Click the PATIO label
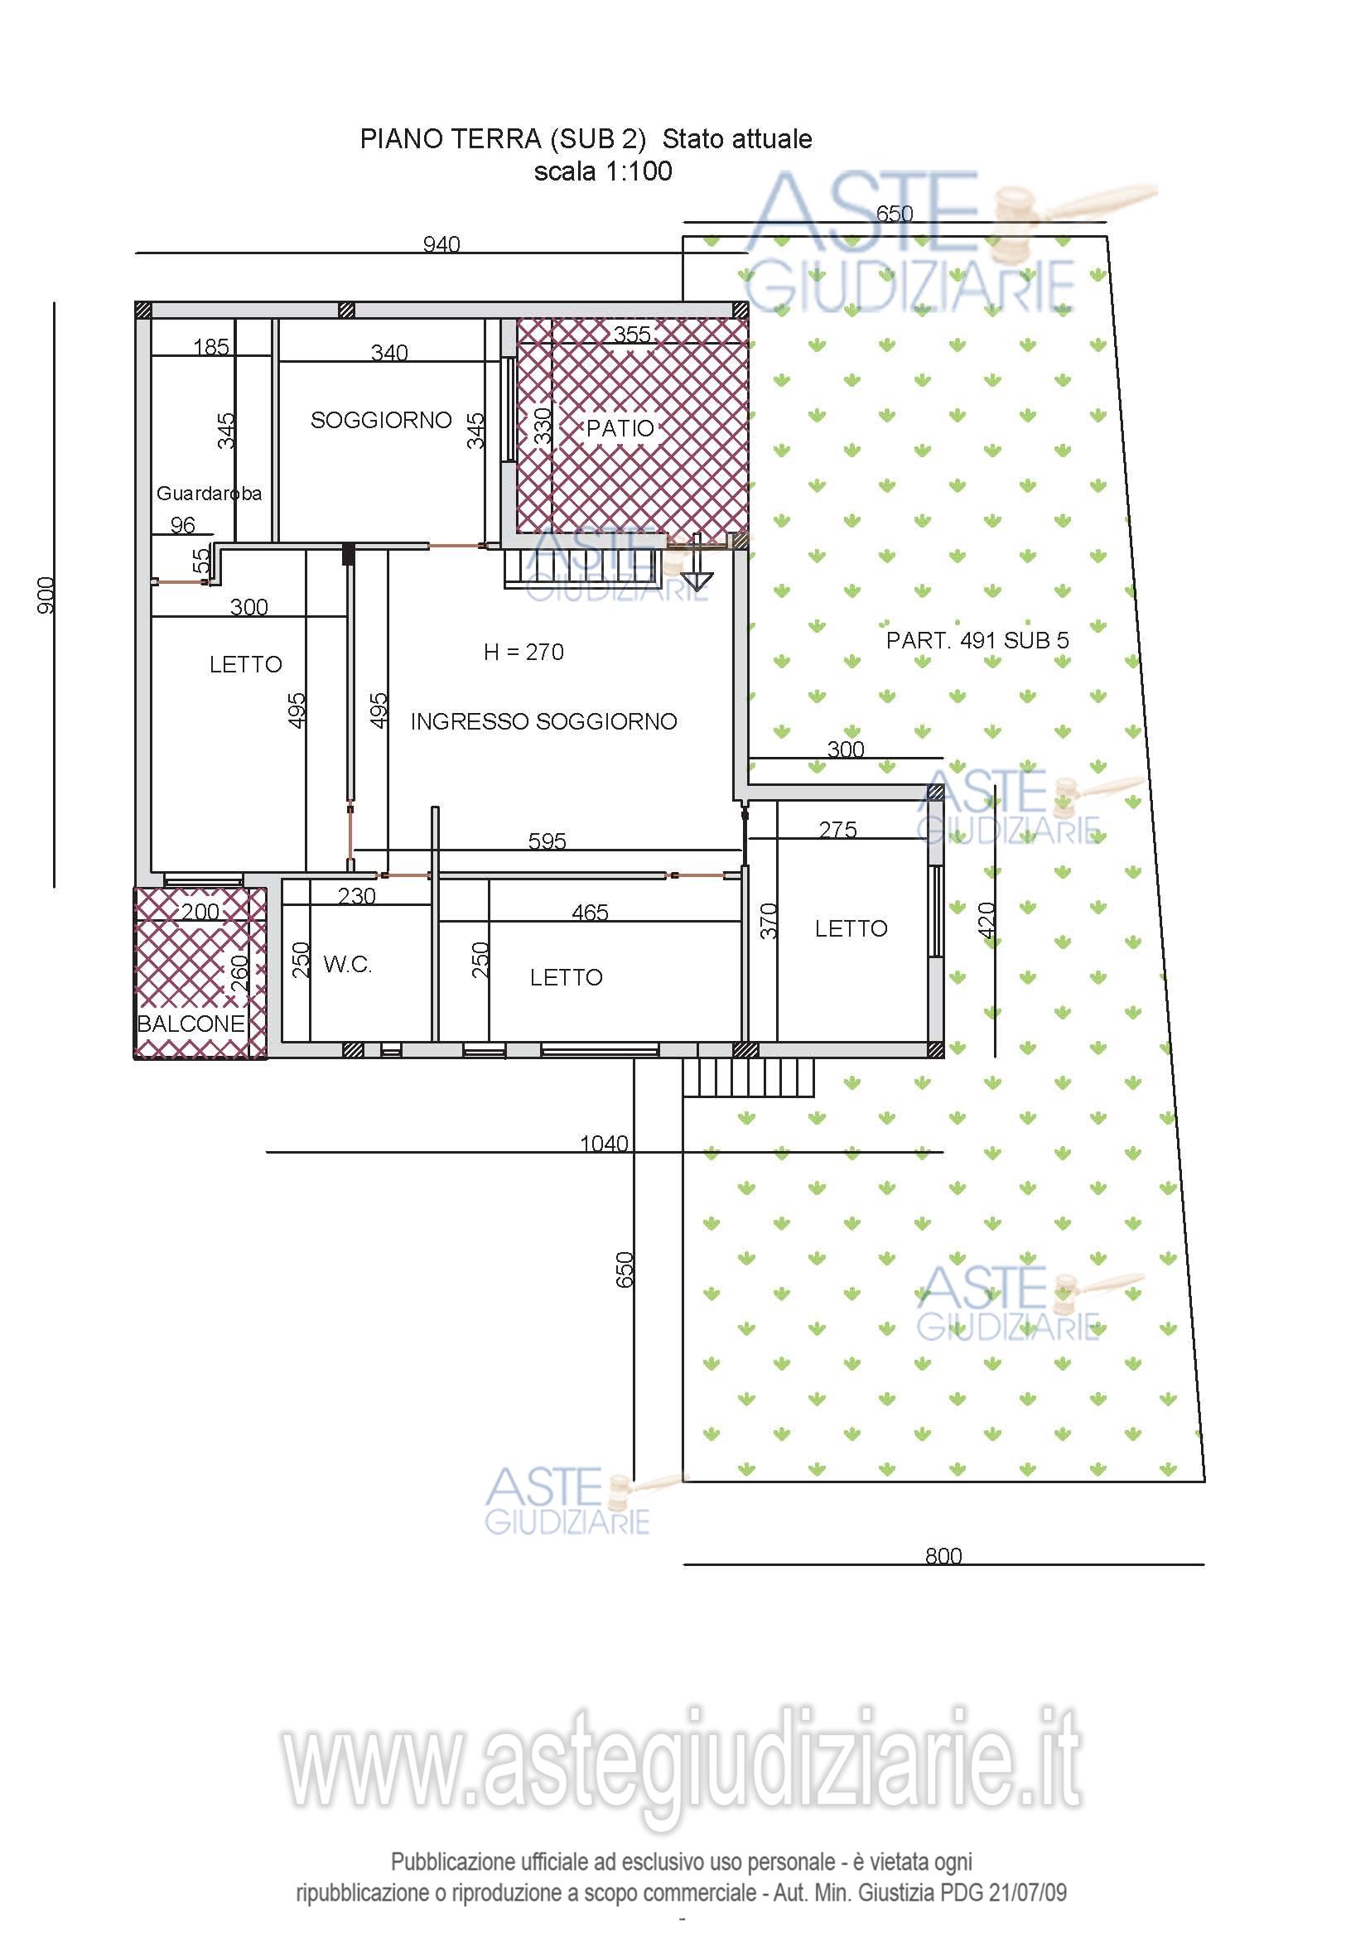(x=620, y=427)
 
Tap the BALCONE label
(x=191, y=1024)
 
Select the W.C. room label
(x=348, y=964)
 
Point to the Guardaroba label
(x=210, y=493)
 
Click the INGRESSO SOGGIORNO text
(x=544, y=721)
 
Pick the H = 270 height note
(x=523, y=651)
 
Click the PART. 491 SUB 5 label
(x=977, y=640)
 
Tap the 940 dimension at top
(x=441, y=244)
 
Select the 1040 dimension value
(x=604, y=1144)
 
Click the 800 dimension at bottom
(x=943, y=1556)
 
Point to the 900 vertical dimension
(x=46, y=595)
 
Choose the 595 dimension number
(x=547, y=841)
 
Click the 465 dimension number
(x=590, y=912)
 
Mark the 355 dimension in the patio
(x=632, y=335)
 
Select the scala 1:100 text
(x=603, y=171)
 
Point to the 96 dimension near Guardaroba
(x=182, y=526)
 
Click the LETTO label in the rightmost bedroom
(x=851, y=929)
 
